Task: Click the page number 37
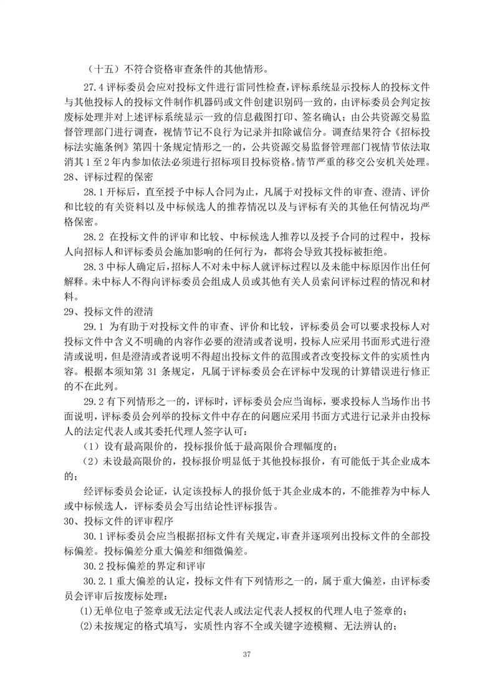pos(247,653)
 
